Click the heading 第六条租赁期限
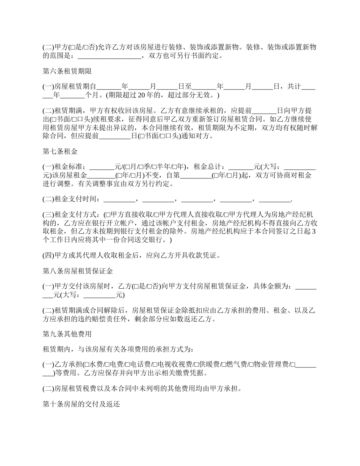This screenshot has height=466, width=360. pyautogui.click(x=67, y=71)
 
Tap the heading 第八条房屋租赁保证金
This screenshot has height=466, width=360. pyautogui.click(x=78, y=271)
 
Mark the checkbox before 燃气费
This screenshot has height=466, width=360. pyautogui.click(x=224, y=365)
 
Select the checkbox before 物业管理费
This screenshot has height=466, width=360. pyautogui.click(x=251, y=365)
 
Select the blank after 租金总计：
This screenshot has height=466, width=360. pyautogui.click(x=241, y=166)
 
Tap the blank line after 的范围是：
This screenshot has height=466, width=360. pyautogui.click(x=109, y=56)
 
